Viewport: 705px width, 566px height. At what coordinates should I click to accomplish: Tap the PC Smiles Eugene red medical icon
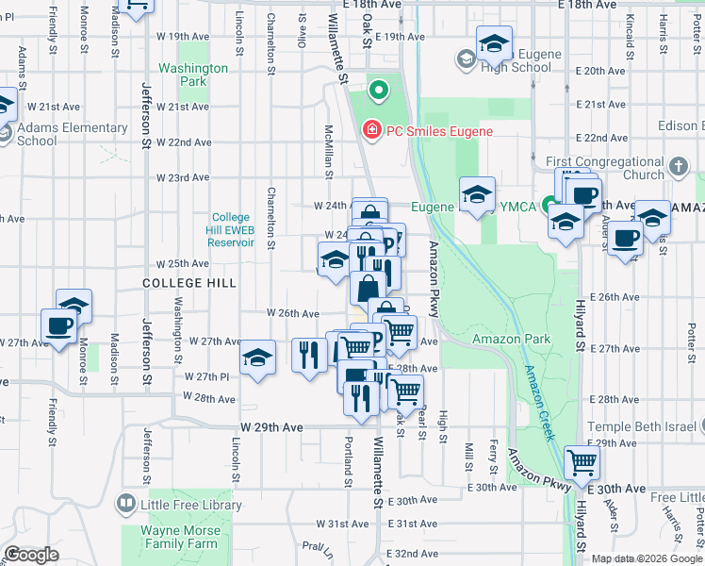371,130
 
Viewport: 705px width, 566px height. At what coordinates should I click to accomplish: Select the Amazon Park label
498,339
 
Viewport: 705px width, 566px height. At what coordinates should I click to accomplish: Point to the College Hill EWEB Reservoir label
232,229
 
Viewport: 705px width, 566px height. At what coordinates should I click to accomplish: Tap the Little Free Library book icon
125,505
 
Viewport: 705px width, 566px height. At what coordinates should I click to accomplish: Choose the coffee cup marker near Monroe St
58,325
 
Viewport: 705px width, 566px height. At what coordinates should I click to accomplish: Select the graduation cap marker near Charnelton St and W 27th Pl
257,358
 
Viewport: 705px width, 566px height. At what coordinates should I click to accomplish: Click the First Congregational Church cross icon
678,169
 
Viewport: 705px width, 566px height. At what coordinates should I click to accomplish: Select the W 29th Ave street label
271,427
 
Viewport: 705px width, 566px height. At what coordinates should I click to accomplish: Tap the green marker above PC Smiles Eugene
378,92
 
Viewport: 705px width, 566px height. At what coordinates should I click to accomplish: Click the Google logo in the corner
31,555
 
